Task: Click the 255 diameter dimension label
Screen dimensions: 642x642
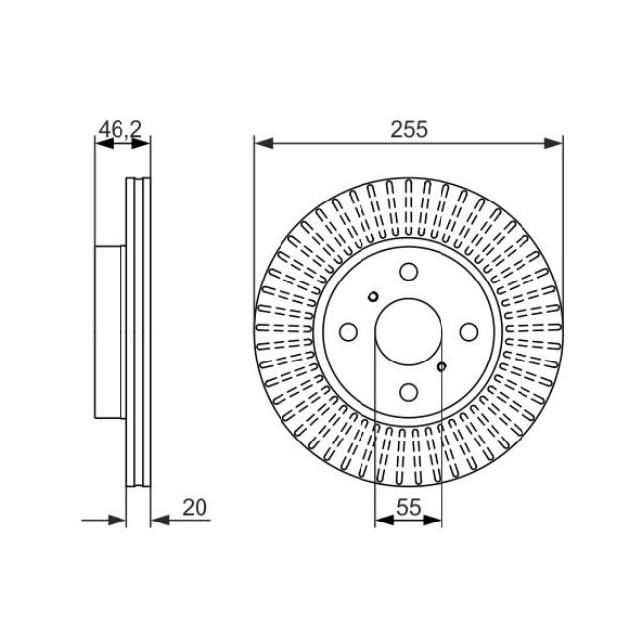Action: [x=409, y=129]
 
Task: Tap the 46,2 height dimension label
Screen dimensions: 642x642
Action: [x=120, y=129]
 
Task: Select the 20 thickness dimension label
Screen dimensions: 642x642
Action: [x=195, y=508]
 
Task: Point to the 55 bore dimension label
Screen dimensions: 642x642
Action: [x=409, y=508]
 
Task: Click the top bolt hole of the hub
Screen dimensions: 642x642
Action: [x=408, y=272]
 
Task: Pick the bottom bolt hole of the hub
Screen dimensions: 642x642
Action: [x=408, y=392]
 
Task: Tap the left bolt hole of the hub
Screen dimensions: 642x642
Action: [x=348, y=332]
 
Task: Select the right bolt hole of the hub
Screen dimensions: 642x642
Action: [x=469, y=332]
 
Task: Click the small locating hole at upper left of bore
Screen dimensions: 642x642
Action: [x=373, y=297]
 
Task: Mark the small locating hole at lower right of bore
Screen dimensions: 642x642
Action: [x=441, y=366]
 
